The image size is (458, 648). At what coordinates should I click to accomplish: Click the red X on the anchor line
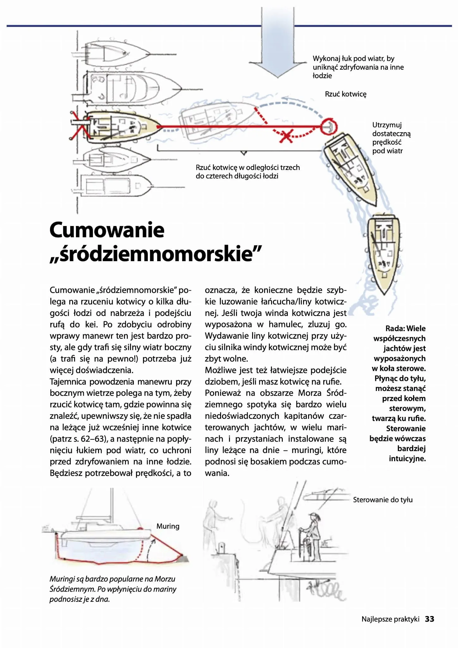point(286,136)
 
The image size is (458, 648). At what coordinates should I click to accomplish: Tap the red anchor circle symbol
point(329,127)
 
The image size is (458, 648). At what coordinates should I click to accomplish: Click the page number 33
point(430,619)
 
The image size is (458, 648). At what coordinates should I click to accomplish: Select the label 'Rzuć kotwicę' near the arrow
point(345,94)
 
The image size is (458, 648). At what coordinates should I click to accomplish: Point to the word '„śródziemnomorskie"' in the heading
point(156,254)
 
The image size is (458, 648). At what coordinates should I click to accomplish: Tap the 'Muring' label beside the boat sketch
point(168,526)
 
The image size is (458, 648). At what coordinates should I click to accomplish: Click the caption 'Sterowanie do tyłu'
point(383,500)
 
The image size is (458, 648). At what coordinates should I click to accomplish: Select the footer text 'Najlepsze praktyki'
point(390,619)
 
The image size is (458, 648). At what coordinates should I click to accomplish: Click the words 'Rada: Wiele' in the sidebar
point(405,328)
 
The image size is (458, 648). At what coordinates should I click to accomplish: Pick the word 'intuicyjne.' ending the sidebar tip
point(407,459)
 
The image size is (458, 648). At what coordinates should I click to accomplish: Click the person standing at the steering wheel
point(313,535)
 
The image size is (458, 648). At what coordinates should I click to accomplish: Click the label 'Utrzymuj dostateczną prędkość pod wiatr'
point(391,138)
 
